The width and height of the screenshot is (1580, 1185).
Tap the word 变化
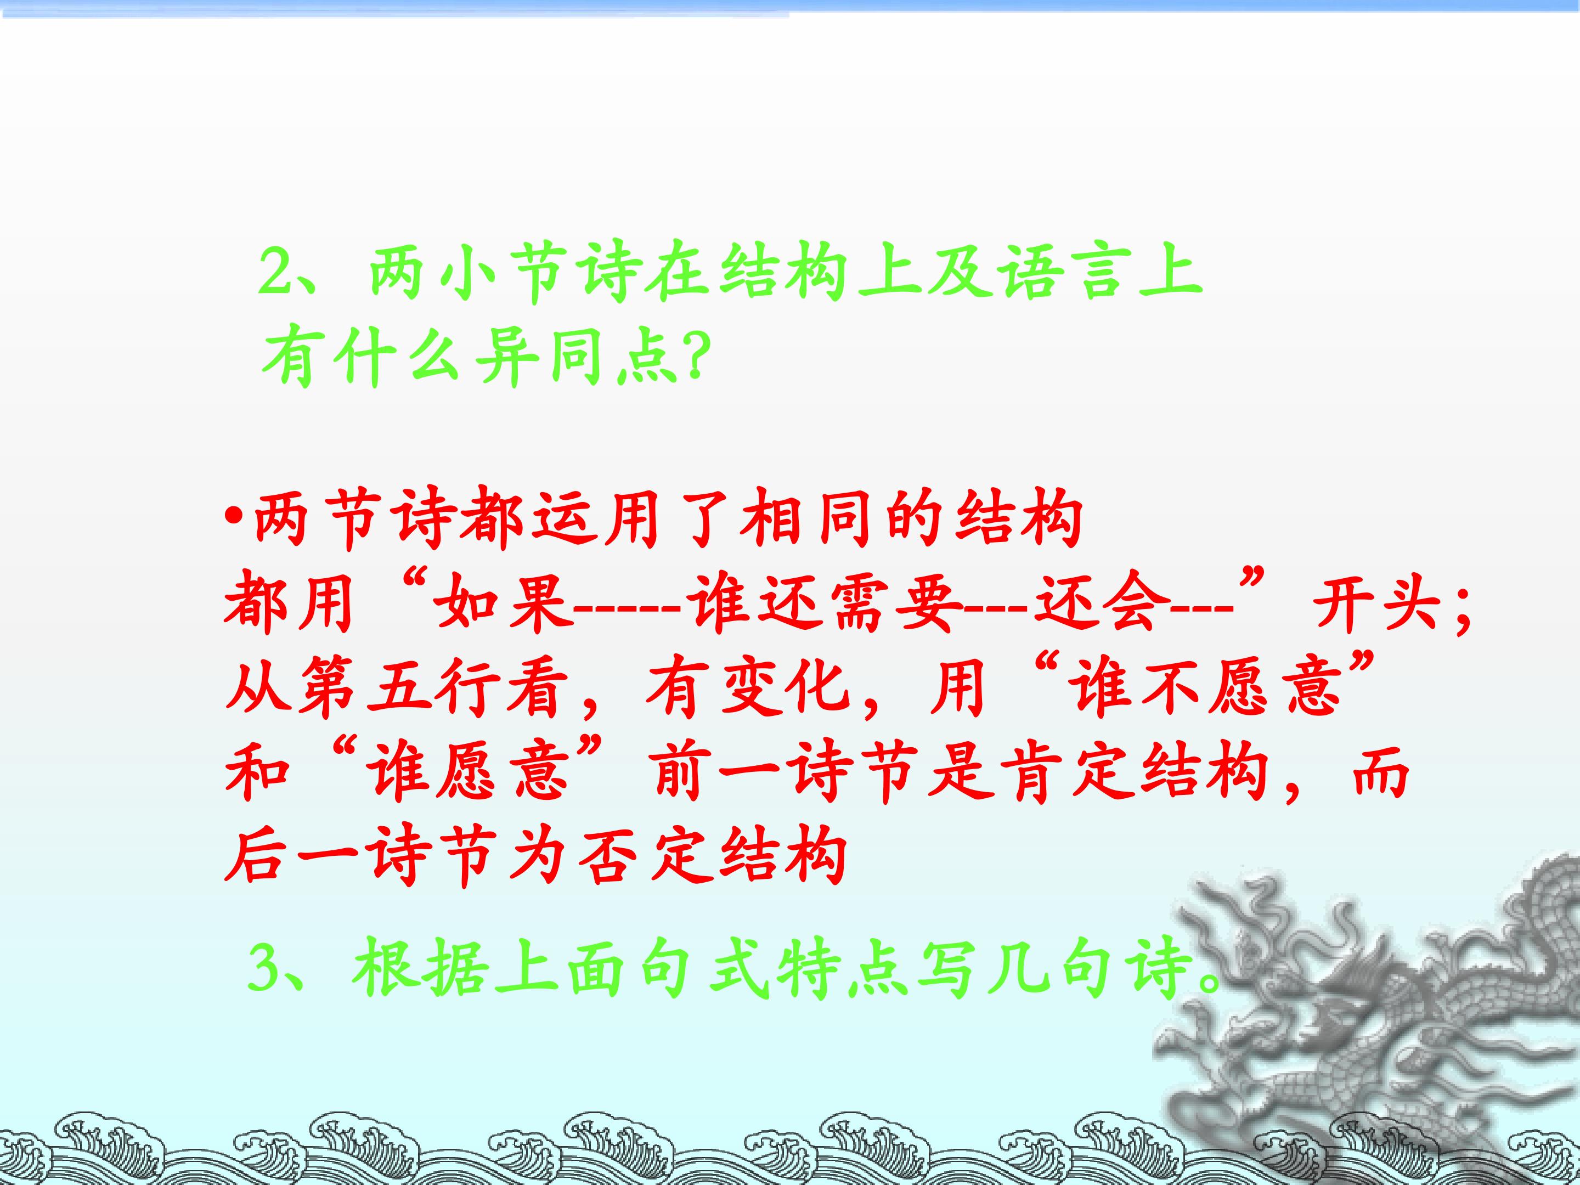coord(787,691)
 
